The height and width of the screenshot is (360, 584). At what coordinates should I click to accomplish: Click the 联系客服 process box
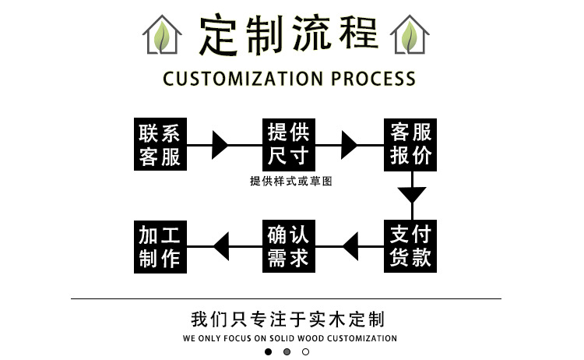[160, 144]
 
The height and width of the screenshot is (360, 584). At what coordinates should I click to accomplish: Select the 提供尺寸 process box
[288, 144]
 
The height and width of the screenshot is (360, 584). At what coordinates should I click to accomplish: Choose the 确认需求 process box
[288, 245]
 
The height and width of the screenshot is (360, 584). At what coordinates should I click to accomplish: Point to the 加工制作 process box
[160, 245]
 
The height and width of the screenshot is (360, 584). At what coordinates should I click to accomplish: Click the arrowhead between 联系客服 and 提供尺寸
[220, 145]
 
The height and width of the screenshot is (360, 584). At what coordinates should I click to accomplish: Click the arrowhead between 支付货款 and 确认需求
[350, 246]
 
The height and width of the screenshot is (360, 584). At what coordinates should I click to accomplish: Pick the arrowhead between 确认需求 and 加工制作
[221, 246]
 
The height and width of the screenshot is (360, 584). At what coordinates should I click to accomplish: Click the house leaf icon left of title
[162, 35]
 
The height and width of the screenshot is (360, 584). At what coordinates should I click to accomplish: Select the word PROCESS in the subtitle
[373, 79]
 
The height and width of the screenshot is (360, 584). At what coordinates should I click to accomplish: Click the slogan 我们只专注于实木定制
[288, 319]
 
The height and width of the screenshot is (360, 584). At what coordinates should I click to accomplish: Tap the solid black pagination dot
[269, 351]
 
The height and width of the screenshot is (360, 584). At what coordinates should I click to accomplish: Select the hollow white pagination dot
[306, 351]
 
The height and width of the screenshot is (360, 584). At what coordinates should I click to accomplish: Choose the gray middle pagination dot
[287, 351]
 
